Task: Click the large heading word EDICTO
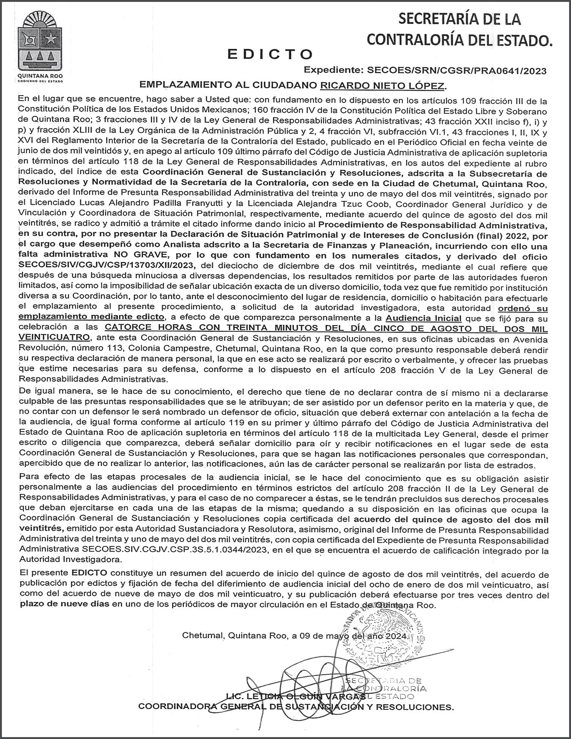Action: pos(270,55)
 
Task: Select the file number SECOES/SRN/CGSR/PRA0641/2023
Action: pos(454,71)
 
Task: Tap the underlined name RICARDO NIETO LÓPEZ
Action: pos(382,85)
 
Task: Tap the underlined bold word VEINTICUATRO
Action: pos(55,338)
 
